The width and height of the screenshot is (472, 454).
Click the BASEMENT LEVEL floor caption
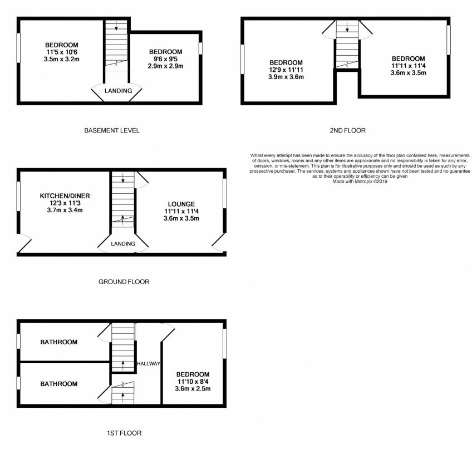[112, 130]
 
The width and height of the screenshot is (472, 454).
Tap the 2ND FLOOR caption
[348, 130]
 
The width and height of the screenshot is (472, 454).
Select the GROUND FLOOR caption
[124, 282]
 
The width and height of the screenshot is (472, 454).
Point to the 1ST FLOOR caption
[124, 433]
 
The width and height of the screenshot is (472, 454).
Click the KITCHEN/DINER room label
[65, 196]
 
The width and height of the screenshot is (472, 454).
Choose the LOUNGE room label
[181, 204]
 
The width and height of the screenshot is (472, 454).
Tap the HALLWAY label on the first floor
[149, 364]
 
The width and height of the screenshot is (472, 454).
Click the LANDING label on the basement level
[119, 91]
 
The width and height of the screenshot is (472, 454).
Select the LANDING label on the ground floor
[123, 243]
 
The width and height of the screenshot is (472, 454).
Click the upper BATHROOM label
[58, 342]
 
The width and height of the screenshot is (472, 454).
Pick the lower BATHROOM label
[58, 384]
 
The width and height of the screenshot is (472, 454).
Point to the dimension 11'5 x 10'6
[61, 52]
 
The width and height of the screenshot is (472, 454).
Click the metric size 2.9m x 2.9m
[165, 66]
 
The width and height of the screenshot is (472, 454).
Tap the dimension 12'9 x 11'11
[286, 70]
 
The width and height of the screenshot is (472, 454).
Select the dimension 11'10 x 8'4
[193, 382]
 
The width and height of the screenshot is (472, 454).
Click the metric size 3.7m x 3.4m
[65, 210]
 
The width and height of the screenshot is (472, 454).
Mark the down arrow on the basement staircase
[116, 27]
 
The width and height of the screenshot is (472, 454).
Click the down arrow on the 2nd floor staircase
[347, 27]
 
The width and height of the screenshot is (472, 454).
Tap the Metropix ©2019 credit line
[360, 182]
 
